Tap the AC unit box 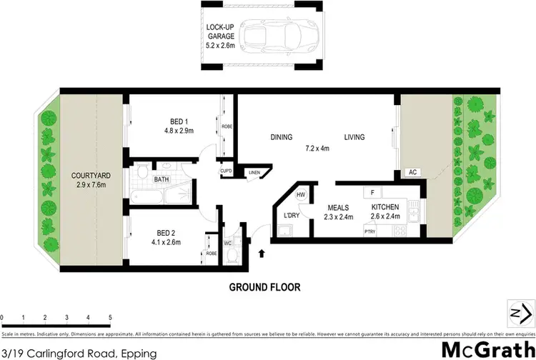pos(412,172)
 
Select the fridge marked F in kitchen pos(371,192)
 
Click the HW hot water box pos(301,195)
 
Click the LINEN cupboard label pos(254,172)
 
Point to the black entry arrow pos(260,253)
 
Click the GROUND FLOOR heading pos(264,288)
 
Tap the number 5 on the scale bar pos(110,317)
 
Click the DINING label pos(282,137)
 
